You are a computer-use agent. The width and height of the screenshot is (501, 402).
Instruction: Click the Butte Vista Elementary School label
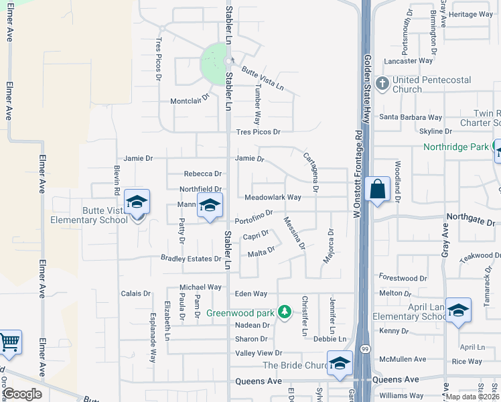click(89, 215)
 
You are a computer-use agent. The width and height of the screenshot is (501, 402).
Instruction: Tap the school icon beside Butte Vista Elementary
click(137, 202)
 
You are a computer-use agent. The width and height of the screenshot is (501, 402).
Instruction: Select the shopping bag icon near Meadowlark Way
click(378, 190)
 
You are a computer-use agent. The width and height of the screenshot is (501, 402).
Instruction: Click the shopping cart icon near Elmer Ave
click(9, 343)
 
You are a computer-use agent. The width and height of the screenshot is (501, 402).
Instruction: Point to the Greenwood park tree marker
click(285, 312)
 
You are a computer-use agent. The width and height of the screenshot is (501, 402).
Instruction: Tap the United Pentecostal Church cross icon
click(382, 84)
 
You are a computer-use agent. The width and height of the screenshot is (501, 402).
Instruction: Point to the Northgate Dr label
click(471, 222)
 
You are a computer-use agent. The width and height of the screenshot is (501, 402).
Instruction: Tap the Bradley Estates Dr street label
click(191, 259)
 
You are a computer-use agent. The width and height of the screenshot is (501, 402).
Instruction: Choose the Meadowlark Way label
click(273, 198)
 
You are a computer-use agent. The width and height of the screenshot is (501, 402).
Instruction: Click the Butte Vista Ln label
click(263, 78)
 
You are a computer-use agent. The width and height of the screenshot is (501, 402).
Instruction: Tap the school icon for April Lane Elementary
click(459, 310)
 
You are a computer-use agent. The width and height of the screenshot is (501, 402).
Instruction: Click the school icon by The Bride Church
click(340, 363)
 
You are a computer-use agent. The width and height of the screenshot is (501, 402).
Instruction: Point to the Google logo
click(23, 394)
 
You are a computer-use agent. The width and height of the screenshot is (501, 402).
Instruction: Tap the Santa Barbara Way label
click(411, 117)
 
